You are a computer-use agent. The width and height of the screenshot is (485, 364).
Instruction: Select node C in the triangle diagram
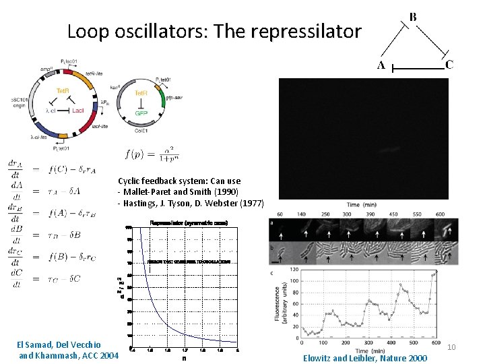[449, 65]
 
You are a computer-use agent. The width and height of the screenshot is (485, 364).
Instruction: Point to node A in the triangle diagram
[381, 66]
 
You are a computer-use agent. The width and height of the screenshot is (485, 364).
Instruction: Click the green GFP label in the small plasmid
[141, 113]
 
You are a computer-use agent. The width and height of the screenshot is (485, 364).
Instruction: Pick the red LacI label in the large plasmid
[77, 109]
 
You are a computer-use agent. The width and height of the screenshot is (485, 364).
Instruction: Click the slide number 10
[452, 347]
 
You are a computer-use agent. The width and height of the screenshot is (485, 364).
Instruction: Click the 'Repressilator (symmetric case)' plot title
[188, 222]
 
